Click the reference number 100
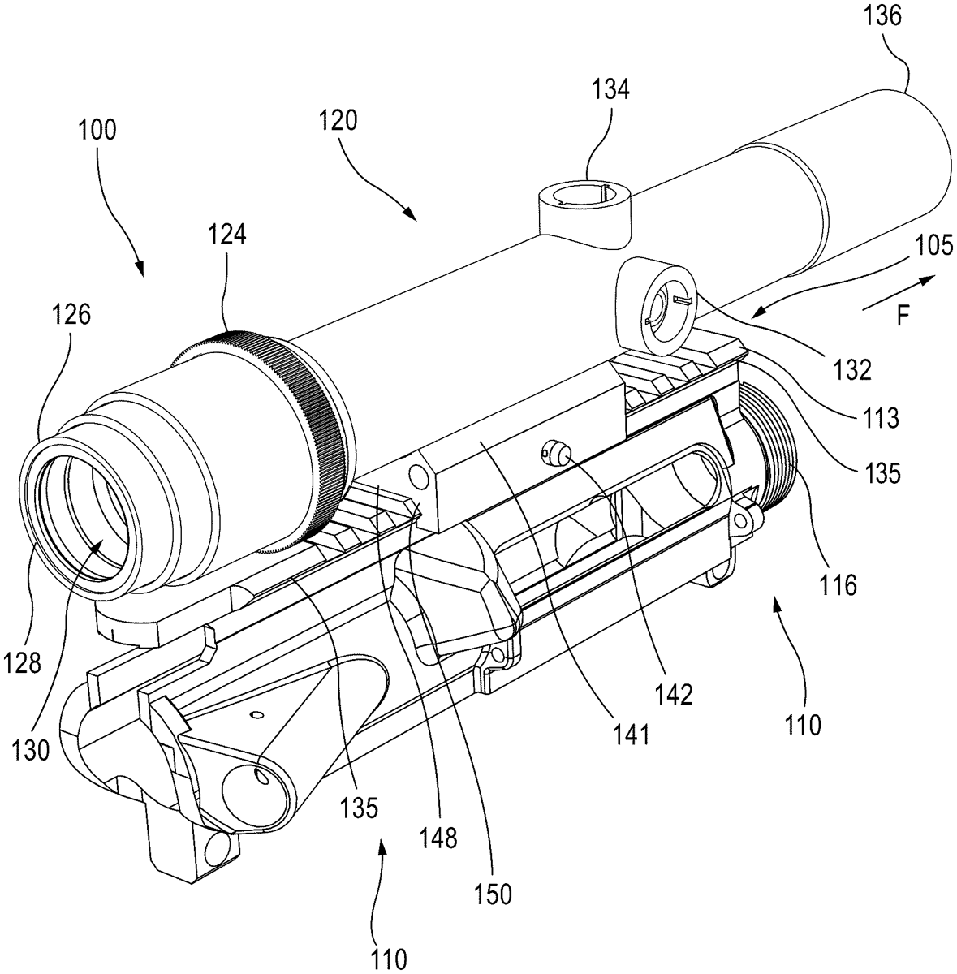pyautogui.click(x=97, y=130)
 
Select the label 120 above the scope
pyautogui.click(x=338, y=121)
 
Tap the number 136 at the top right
pyautogui.click(x=882, y=16)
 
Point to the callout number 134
pyautogui.click(x=610, y=90)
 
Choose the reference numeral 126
pyautogui.click(x=71, y=315)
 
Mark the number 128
pyautogui.click(x=21, y=662)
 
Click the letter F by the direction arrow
pyautogui.click(x=903, y=317)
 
